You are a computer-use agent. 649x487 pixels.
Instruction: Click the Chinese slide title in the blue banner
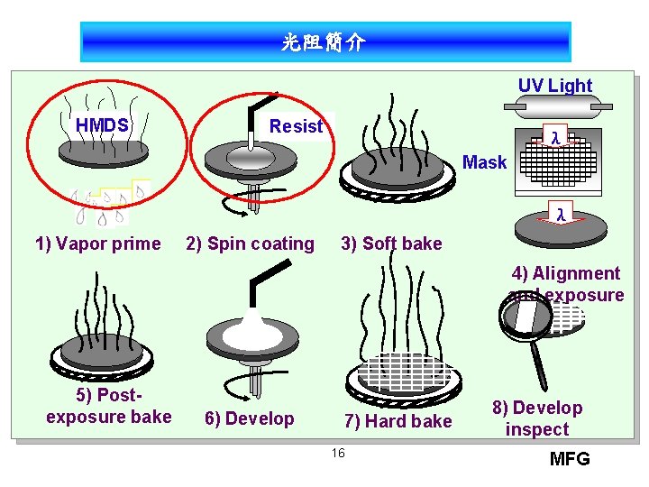point(324,42)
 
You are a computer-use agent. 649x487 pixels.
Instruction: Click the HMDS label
point(102,125)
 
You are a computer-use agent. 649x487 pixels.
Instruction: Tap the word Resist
point(296,126)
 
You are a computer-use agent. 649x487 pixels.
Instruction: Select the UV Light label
point(554,86)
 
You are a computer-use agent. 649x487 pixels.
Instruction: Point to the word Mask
point(484,162)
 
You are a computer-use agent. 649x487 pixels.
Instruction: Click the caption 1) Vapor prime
point(97,243)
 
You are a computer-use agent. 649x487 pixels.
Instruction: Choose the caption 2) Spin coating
point(250,243)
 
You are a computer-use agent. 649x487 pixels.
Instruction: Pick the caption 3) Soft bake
point(390,243)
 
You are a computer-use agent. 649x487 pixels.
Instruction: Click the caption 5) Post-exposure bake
point(108,406)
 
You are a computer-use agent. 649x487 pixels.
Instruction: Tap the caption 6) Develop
point(249,418)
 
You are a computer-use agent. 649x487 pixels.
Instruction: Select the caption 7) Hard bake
point(398,421)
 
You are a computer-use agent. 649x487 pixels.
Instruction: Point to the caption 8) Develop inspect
point(537,418)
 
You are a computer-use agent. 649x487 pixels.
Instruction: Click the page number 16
point(337,452)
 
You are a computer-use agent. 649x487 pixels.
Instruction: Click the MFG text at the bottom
point(570,459)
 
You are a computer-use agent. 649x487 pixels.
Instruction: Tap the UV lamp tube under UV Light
point(556,110)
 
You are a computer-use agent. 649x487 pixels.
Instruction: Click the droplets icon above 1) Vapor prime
point(101,207)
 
